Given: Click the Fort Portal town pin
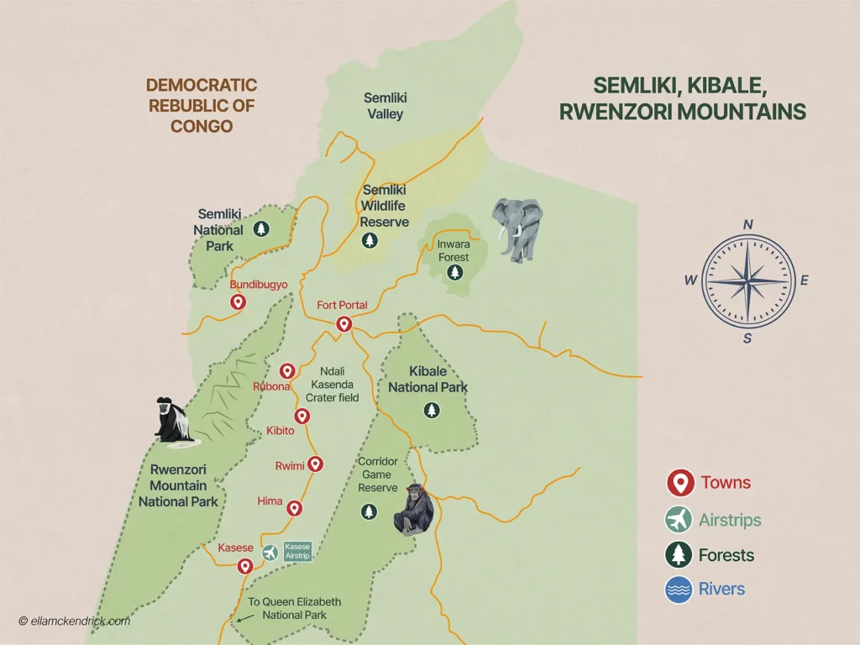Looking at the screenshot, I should [343, 324].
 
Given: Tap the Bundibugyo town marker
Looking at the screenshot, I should [238, 302].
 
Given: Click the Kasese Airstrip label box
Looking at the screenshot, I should [298, 551].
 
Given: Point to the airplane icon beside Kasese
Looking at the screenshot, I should [270, 552].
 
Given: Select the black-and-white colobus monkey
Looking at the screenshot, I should [174, 420].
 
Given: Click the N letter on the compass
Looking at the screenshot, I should [747, 225].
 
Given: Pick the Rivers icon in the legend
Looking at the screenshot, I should [678, 589].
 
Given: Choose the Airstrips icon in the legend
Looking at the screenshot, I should [678, 520].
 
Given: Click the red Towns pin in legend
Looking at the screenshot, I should [678, 483].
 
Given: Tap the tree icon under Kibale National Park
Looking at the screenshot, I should [432, 410].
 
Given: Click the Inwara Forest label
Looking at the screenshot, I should [453, 250].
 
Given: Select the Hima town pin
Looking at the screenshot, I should [294, 508].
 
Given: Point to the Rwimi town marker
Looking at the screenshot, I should [316, 463].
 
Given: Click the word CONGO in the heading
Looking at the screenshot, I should [201, 127].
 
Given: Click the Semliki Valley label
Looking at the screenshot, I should [384, 106].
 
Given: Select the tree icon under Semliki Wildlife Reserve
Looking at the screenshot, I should [369, 241].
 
